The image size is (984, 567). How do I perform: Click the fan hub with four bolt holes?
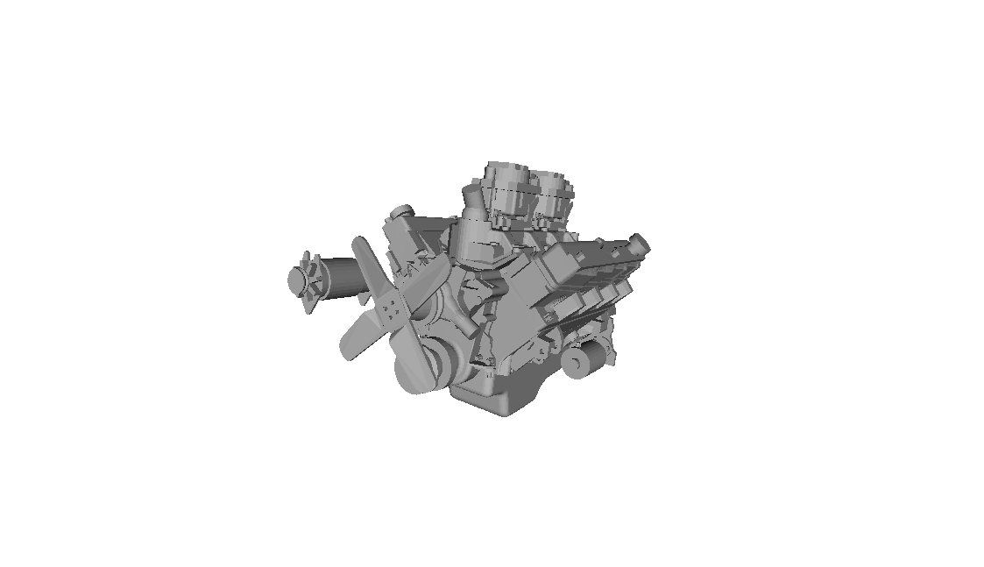pos(392,306)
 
